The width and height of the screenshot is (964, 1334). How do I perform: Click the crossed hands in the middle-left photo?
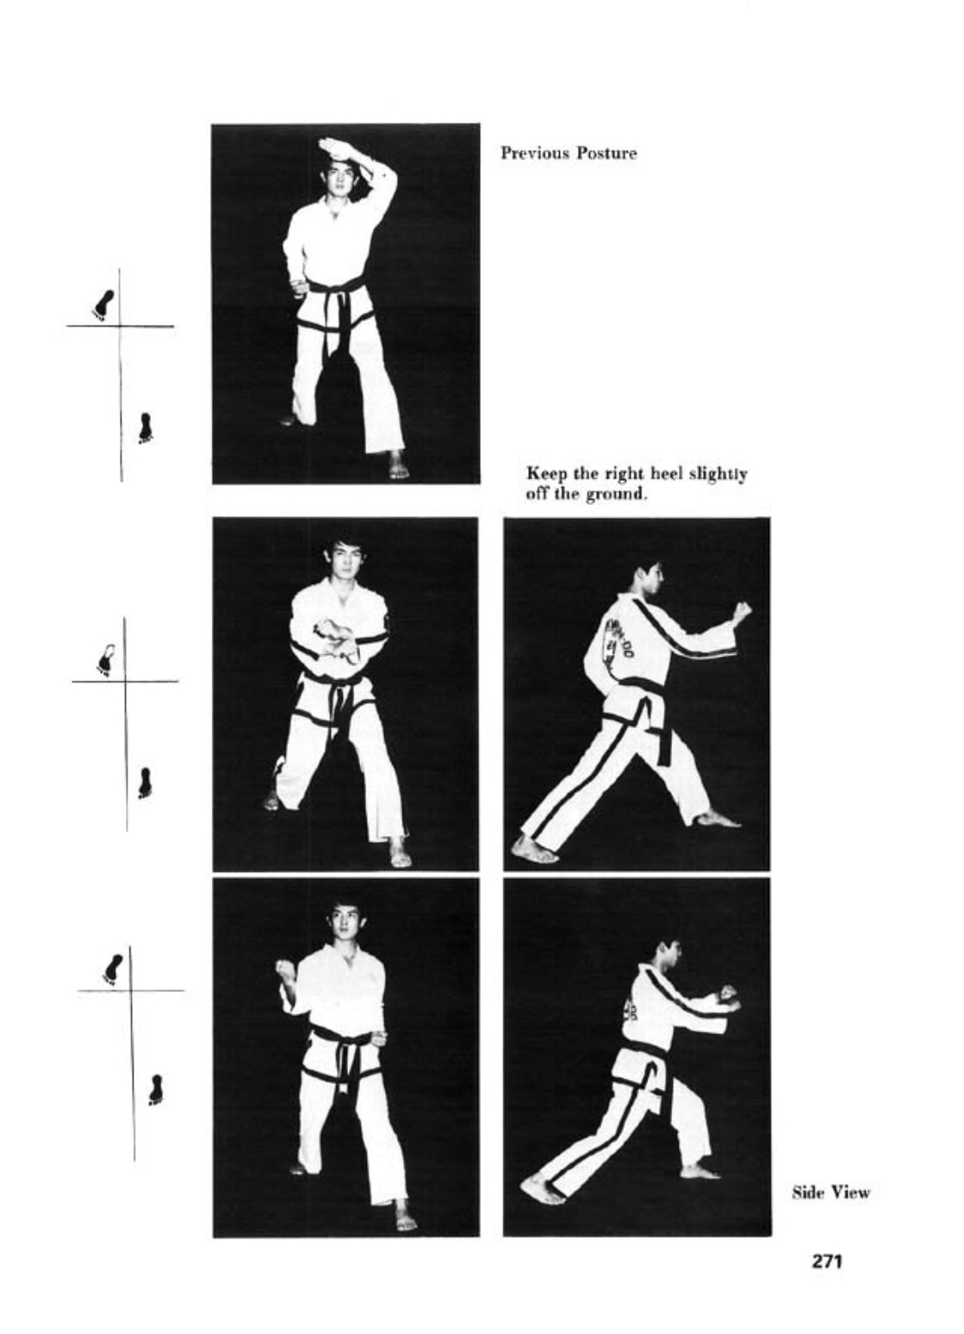point(337,639)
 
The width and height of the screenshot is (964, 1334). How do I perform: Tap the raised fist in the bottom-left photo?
point(286,973)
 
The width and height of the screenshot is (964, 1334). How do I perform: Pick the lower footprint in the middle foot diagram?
point(144,782)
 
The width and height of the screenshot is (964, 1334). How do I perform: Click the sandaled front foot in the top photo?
point(398,465)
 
